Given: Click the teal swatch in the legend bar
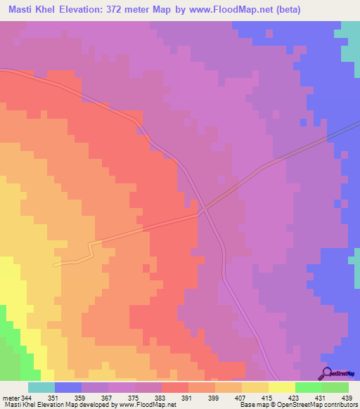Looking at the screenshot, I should [41, 387].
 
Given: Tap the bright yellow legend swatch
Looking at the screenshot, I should [282, 387].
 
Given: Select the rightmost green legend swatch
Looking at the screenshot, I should [335, 387].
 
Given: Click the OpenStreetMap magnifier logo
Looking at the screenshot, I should [326, 372].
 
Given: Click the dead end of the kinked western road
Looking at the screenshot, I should [56, 264].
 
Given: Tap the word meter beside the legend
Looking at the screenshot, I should [9, 398].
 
